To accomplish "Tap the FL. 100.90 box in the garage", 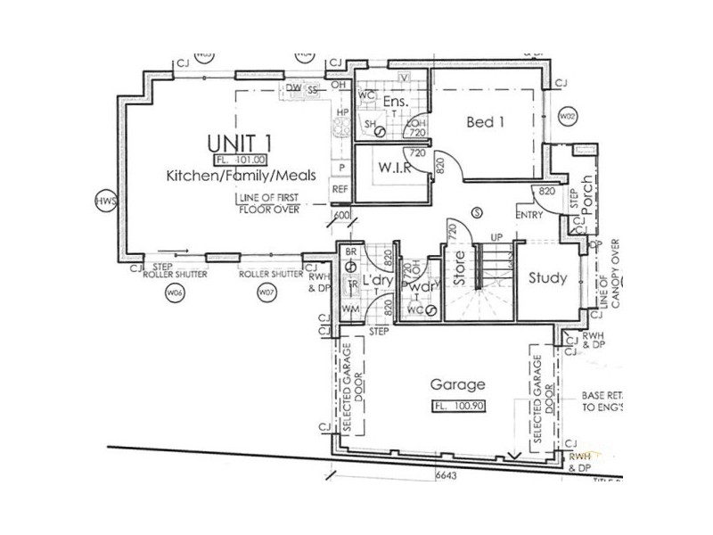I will pos(457,406).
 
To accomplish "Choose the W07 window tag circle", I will pos(264,292).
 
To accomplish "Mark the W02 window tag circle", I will pos(566,117).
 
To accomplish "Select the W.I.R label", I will pos(393,168).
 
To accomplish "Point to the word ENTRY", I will pos(530,216).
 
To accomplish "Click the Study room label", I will pos(547,278).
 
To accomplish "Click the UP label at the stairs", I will pos(497,238).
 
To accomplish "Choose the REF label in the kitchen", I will pos(340,189).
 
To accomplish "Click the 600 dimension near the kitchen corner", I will pos(342,215).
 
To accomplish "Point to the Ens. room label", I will pos(396,103).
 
